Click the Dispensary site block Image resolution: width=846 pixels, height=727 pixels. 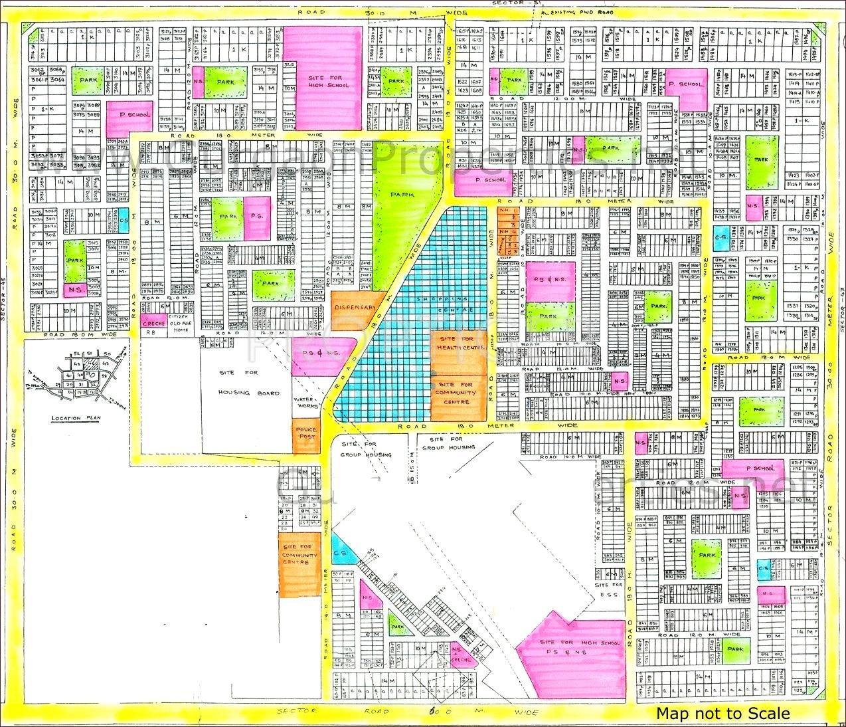click(356, 308)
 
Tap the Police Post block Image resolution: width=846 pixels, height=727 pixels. click(306, 434)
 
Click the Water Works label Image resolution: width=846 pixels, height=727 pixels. click(308, 397)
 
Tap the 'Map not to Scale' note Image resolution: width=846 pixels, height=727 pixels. click(723, 713)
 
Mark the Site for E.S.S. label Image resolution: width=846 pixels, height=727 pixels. click(609, 589)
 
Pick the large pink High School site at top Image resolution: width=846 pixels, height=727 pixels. click(325, 78)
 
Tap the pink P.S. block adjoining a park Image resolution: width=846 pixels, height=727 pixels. click(257, 217)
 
